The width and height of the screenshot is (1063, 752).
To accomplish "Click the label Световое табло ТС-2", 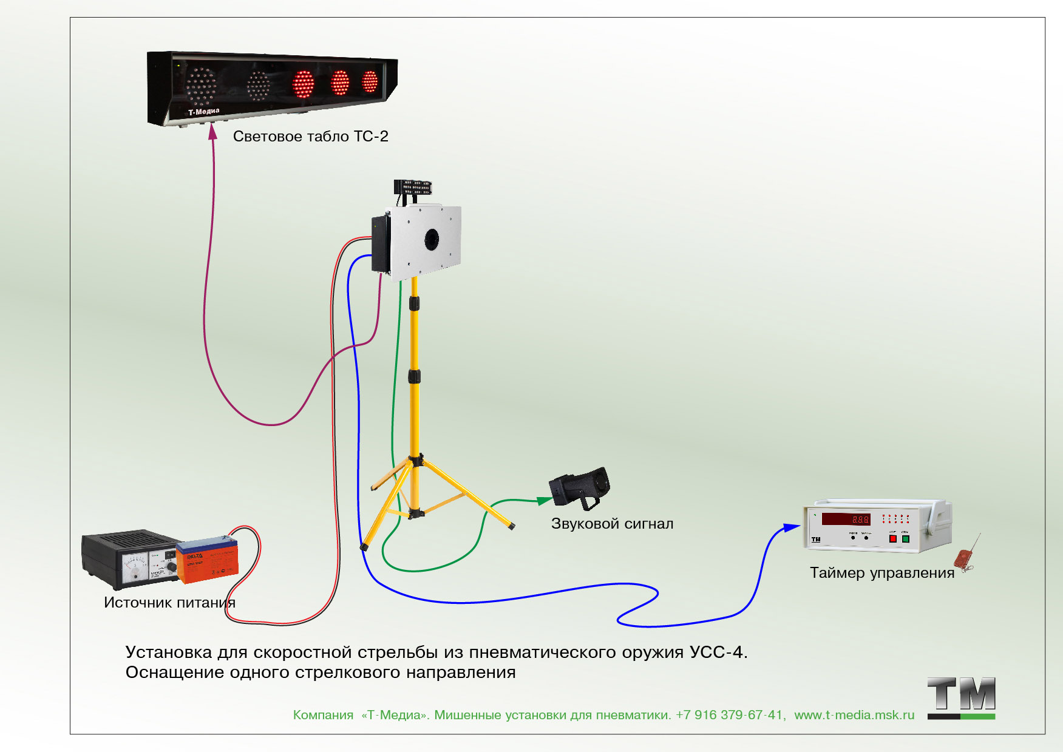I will tap(310, 137).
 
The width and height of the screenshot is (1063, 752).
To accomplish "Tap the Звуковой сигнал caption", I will tap(612, 524).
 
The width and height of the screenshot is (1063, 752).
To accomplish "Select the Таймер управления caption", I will tap(881, 573).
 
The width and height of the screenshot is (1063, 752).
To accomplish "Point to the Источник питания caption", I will tap(169, 603).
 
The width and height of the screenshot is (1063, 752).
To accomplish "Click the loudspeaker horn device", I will tap(580, 487).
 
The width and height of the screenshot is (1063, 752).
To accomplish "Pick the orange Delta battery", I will tap(207, 561).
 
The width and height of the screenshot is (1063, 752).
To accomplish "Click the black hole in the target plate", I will tap(432, 238).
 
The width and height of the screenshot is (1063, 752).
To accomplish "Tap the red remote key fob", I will tap(963, 558).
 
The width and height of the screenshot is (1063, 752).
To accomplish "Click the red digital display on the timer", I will tap(846, 519).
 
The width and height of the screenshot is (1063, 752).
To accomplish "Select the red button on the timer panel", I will tap(892, 538).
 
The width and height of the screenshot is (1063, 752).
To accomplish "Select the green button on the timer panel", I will tap(905, 538).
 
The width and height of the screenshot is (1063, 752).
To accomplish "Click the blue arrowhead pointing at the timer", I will tap(792, 527).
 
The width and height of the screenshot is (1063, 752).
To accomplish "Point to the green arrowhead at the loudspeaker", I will tap(545, 501).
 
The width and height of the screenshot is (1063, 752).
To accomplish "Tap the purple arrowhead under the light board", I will tap(212, 132).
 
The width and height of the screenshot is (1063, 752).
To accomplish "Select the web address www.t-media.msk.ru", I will tap(854, 715).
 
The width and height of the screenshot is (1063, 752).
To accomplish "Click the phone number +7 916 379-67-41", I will tap(730, 715).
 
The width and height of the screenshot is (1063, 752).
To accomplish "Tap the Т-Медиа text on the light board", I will tap(203, 112).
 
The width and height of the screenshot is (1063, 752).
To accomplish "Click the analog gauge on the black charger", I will tap(135, 568).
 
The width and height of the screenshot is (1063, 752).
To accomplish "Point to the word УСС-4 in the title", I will tap(716, 652).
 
